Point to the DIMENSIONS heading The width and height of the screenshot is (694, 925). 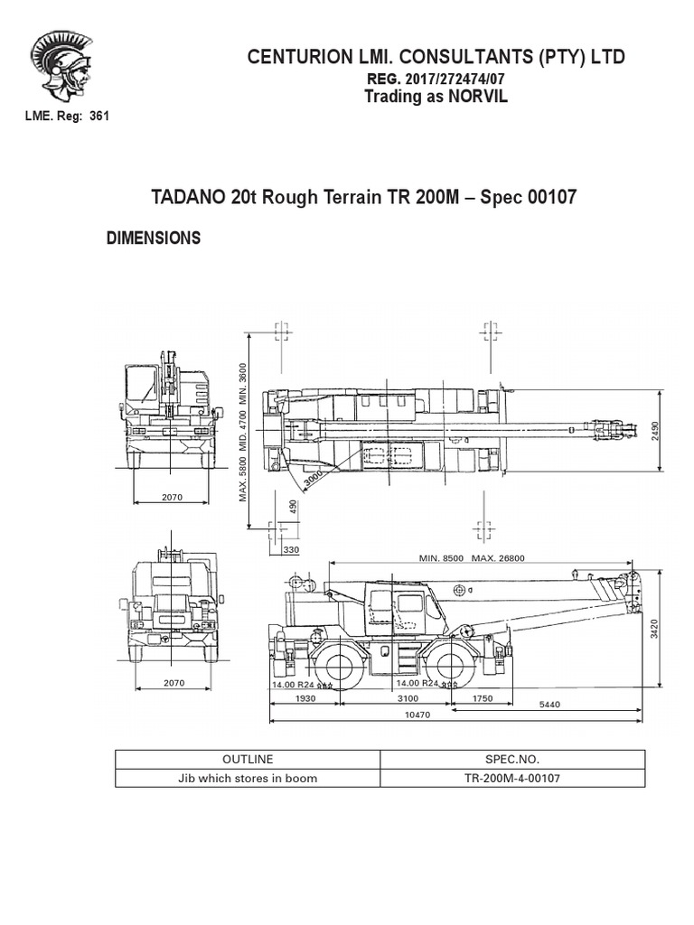tap(153, 238)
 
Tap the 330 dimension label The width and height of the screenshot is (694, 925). tap(291, 548)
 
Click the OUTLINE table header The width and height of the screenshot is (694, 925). tap(247, 760)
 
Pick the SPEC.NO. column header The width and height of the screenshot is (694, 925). tap(512, 760)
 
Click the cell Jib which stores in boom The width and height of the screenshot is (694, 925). tap(247, 778)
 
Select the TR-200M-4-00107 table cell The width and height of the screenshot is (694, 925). tap(512, 778)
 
